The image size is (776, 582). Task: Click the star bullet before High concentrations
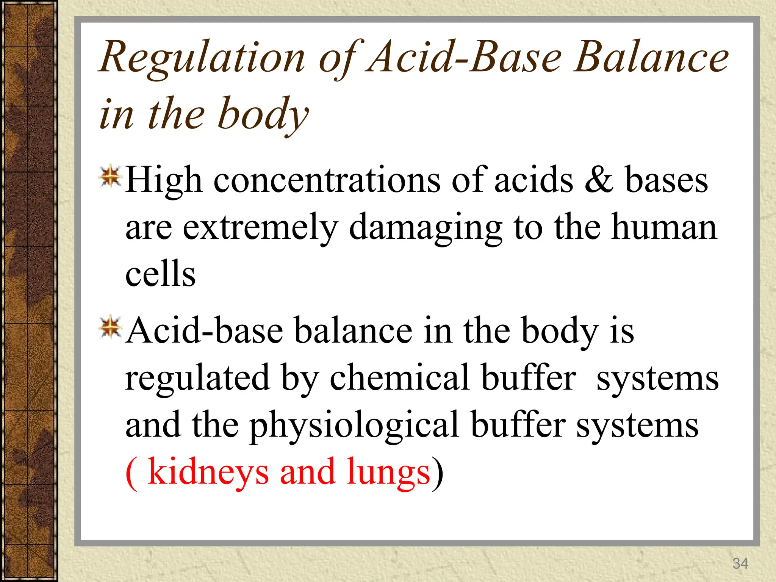tap(110, 177)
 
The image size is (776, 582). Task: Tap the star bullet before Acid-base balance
tap(110, 327)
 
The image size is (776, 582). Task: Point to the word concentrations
tap(327, 181)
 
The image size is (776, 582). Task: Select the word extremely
tap(260, 227)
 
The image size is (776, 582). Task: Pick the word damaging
tap(426, 227)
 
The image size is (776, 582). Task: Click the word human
tap(664, 227)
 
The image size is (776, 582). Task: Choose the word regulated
tap(197, 378)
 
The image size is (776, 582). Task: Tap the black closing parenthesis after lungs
tap(438, 473)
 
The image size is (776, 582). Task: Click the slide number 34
tap(740, 563)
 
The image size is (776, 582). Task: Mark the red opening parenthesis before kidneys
tap(131, 473)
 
